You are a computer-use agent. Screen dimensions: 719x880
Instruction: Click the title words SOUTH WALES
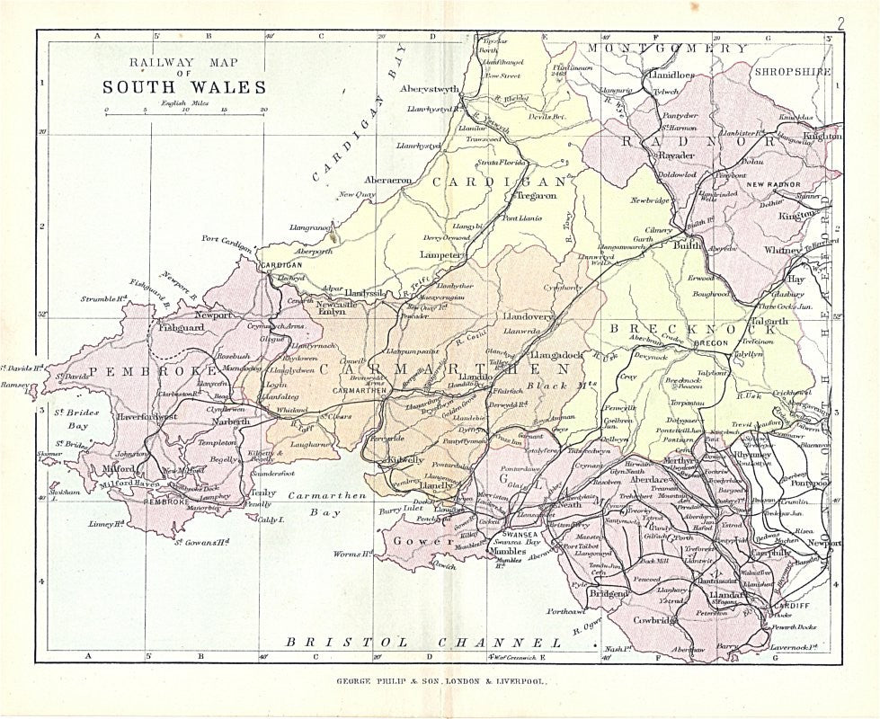pyautogui.click(x=183, y=88)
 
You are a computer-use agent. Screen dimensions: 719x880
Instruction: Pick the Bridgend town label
pyautogui.click(x=608, y=594)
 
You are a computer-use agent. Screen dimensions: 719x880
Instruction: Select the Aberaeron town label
pyautogui.click(x=387, y=180)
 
